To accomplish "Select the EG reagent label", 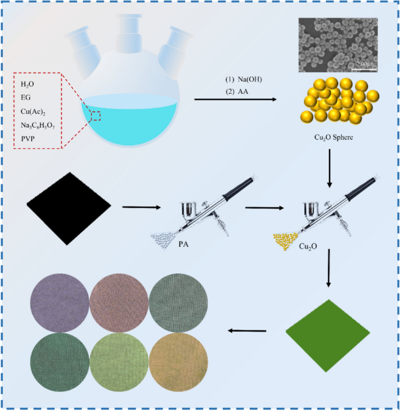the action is pos(26,97).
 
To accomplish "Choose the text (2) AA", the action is pos(234,92).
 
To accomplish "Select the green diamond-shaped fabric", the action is pos(328,335).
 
